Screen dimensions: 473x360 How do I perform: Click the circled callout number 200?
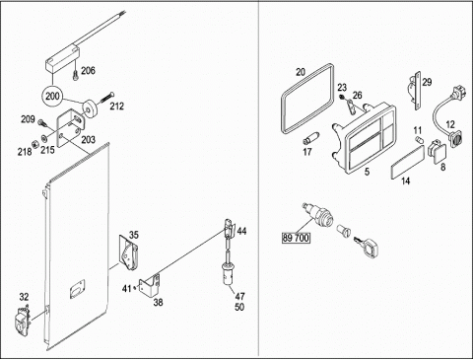coord(53,97)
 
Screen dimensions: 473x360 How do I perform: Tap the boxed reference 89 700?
coord(296,238)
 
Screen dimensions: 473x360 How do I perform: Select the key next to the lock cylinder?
coord(367,245)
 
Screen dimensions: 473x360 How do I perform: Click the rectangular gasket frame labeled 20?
coord(283,99)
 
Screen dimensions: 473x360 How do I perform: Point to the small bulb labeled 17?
coord(310,138)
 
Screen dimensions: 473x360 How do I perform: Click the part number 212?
coord(116,107)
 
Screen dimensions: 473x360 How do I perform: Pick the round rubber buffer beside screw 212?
coord(89,108)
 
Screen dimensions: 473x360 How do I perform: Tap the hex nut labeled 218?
coord(34,144)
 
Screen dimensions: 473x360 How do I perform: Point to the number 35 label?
coord(134,235)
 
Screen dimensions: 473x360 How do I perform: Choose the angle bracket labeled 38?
coord(150,284)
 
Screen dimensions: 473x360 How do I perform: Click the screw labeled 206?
coord(76,74)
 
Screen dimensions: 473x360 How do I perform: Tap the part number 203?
coord(88,140)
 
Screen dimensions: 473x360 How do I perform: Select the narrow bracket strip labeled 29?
coord(416,91)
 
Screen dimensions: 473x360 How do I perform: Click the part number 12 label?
coord(450,124)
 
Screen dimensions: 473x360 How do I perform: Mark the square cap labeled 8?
coord(438,152)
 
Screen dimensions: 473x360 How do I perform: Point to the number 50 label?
coord(239,307)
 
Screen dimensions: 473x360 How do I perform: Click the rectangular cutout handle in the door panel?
coord(78,289)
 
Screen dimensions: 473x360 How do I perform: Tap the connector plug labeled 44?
coord(230,228)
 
